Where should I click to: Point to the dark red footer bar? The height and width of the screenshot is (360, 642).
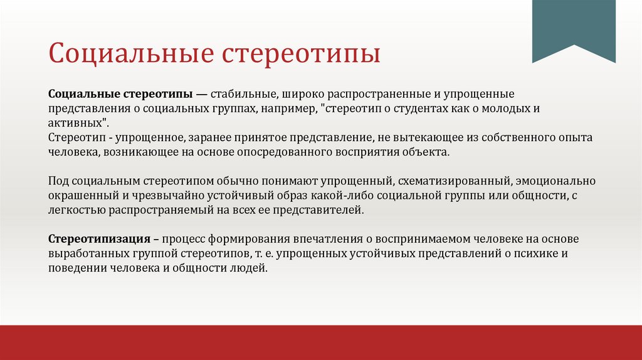click(x=321, y=342)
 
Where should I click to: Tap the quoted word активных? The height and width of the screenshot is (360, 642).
click(x=74, y=122)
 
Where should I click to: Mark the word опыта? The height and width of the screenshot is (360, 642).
click(x=576, y=137)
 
